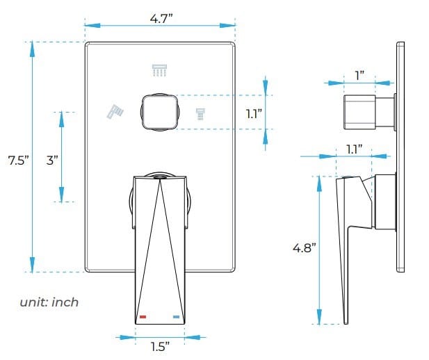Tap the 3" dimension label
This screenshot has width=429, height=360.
[52, 161]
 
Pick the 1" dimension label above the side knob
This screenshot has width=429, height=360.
[359, 74]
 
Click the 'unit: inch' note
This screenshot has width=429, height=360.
[49, 302]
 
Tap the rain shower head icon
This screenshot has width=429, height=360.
[161, 70]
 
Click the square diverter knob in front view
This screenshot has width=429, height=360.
[160, 112]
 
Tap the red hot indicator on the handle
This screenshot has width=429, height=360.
[143, 317]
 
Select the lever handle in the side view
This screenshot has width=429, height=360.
[348, 229]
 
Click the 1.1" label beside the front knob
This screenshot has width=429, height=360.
[253, 113]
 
